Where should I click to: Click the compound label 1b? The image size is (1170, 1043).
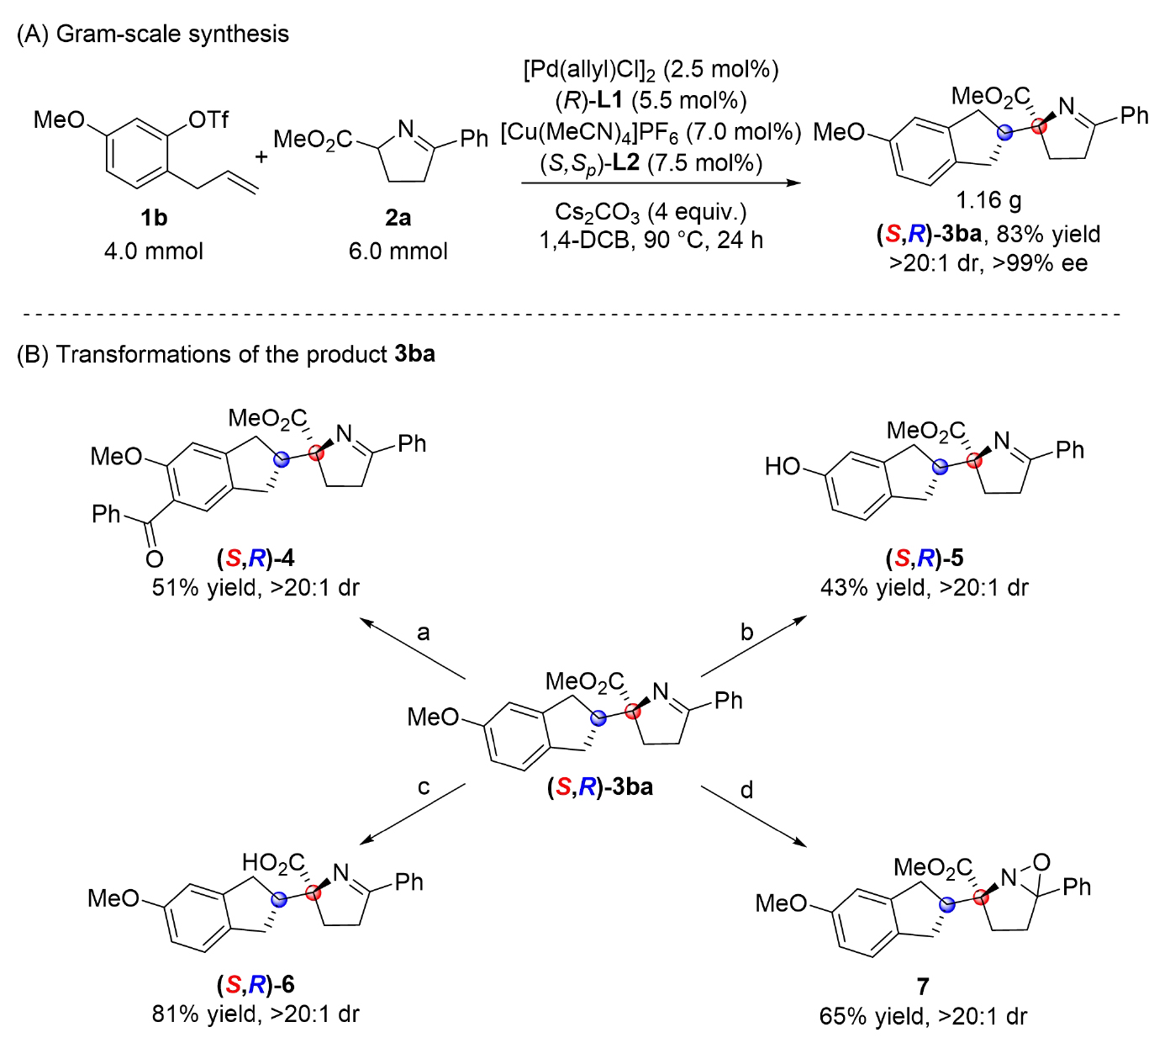tap(154, 218)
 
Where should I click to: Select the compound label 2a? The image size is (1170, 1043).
tap(398, 218)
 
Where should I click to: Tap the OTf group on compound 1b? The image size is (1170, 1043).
tap(208, 119)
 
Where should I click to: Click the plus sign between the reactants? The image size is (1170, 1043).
tap(261, 156)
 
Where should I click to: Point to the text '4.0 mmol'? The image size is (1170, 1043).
tap(154, 251)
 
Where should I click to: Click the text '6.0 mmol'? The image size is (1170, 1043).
tap(398, 251)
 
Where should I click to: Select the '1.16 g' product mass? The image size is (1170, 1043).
tap(988, 200)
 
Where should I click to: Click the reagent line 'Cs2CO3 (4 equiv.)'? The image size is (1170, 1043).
tap(651, 211)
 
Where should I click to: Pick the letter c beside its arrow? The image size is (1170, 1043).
tap(424, 787)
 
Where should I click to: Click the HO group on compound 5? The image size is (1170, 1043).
tap(782, 466)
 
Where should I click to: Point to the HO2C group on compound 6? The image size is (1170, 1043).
tap(273, 863)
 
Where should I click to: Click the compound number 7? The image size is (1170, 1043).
tap(923, 987)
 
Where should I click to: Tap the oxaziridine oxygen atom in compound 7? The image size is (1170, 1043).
tap(1041, 862)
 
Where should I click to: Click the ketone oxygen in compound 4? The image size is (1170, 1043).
tap(154, 559)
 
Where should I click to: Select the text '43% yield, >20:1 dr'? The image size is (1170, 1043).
tap(924, 587)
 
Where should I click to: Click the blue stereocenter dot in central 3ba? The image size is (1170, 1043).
tap(598, 718)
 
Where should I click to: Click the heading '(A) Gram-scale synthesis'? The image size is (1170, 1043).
tap(153, 34)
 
